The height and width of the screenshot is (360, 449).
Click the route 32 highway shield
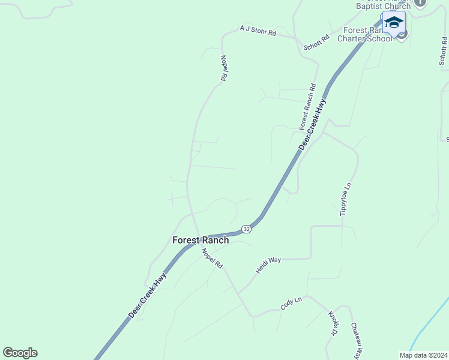[246, 229]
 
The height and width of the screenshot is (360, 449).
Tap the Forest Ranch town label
[200, 240]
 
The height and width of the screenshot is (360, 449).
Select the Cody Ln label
[291, 303]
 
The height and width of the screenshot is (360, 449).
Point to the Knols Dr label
[334, 323]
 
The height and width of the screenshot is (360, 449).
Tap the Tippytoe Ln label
[345, 200]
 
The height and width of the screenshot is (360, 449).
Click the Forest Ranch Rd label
[307, 107]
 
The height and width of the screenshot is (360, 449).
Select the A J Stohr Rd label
[258, 31]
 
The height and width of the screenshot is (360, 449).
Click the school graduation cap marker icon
[394, 23]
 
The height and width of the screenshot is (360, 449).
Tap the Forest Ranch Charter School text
[367, 35]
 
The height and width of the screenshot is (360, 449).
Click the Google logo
[20, 353]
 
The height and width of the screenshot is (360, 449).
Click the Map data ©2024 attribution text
[423, 355]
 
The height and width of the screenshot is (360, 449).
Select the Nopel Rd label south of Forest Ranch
[212, 258]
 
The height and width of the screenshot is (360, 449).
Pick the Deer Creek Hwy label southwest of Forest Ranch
[147, 296]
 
